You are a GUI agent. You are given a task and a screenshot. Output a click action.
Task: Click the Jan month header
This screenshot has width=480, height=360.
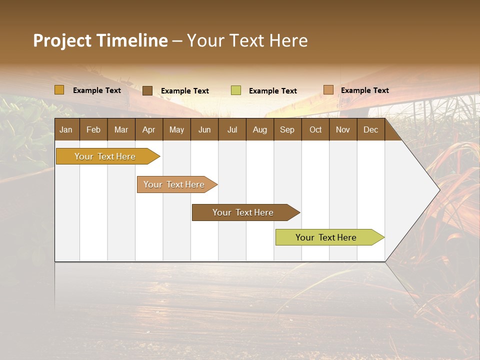66,129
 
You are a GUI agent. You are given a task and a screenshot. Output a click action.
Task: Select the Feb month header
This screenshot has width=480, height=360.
93,129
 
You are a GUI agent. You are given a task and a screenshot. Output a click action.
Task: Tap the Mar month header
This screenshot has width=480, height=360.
121,129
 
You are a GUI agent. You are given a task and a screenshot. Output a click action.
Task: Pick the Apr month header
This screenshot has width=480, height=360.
149,129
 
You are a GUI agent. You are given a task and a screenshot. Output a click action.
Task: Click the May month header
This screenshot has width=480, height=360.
176,129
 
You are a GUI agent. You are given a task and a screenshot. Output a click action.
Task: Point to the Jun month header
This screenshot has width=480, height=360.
204,129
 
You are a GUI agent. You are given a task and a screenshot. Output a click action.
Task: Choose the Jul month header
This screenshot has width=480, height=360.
232,129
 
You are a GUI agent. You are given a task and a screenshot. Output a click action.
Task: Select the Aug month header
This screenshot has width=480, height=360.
260,129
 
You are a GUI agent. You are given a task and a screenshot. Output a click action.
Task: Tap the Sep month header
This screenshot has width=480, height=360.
287,129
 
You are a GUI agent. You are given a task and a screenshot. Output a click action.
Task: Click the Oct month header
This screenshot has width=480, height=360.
315,129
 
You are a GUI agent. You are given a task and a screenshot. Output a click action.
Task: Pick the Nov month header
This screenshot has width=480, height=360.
343,129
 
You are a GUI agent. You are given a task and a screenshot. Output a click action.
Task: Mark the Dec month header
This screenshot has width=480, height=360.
371,129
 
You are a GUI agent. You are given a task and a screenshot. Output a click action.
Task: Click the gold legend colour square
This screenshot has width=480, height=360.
59,90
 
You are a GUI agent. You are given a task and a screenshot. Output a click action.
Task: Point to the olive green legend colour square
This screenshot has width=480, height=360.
236,90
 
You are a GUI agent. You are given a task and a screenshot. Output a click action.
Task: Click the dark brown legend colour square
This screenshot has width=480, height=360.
147,90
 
